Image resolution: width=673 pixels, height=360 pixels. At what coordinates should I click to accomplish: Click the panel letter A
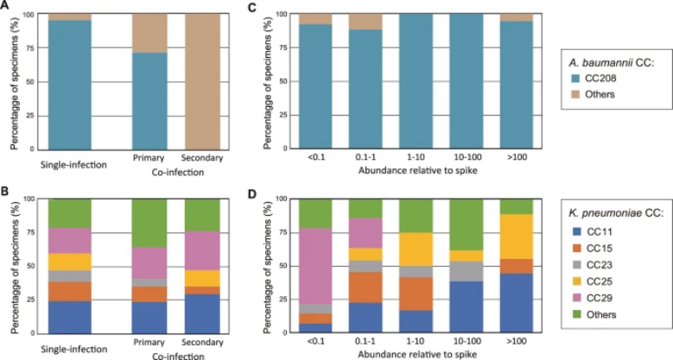click(10, 8)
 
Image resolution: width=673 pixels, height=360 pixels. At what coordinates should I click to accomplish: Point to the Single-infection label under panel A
click(68, 161)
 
